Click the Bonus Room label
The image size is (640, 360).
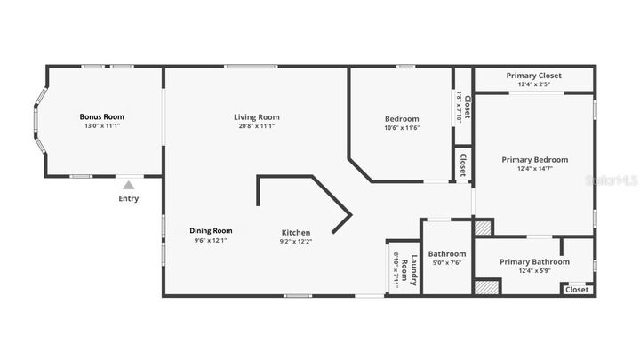click(x=102, y=116)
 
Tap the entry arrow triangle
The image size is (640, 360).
click(x=129, y=185)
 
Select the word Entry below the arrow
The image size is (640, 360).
click(x=129, y=198)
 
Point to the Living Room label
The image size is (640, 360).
click(x=257, y=116)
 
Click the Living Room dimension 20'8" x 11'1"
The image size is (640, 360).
click(x=257, y=126)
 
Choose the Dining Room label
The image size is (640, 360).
click(x=212, y=230)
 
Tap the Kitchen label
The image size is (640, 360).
click(x=296, y=233)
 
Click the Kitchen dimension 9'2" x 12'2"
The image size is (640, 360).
click(x=296, y=242)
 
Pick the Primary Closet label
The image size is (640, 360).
click(x=534, y=76)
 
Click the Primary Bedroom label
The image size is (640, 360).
click(x=534, y=160)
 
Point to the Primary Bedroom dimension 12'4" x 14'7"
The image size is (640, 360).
click(x=534, y=169)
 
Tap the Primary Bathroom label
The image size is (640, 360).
click(x=534, y=261)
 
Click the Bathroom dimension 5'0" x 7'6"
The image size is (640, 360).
click(x=447, y=262)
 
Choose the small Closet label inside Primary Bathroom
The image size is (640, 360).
click(x=577, y=289)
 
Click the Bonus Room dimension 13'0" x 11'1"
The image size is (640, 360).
click(x=102, y=126)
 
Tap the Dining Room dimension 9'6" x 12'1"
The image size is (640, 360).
click(x=212, y=240)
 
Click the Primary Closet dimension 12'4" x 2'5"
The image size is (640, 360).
click(x=534, y=85)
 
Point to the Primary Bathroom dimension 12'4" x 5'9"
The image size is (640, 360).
click(x=534, y=271)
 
